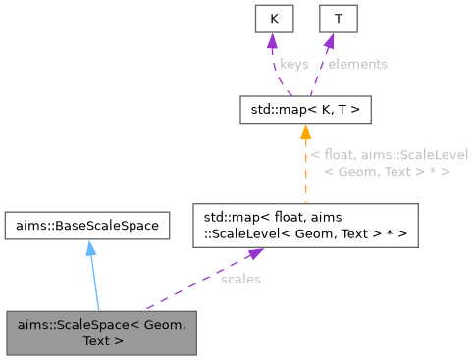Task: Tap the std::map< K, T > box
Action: tap(305, 109)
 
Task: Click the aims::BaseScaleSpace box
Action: tap(86, 226)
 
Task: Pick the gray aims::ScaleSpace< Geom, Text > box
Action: tap(102, 333)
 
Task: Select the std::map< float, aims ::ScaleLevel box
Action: tap(305, 225)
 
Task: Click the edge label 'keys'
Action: tap(294, 64)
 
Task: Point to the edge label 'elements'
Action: tap(357, 64)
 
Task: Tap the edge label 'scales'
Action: tap(239, 279)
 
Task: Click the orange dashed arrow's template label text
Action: tap(389, 163)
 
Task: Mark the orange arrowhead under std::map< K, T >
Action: tap(305, 131)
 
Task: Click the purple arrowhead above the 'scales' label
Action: tap(256, 253)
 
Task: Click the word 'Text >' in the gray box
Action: tap(103, 342)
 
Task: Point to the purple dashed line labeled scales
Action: tap(196, 284)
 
